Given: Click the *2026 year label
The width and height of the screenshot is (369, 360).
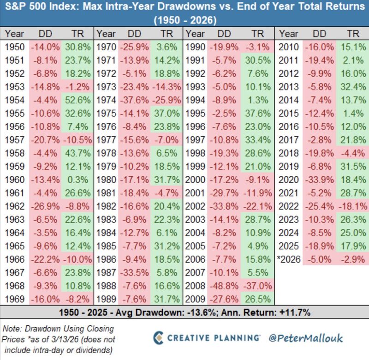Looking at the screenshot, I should click(289, 259).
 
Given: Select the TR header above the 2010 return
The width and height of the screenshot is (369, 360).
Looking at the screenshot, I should click(352, 33).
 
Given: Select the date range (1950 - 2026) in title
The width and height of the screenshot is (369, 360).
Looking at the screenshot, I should click(184, 20).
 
